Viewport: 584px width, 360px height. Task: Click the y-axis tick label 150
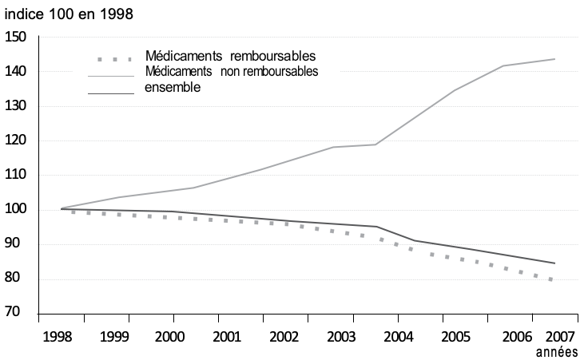16,37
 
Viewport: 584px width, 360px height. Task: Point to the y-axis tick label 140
16,71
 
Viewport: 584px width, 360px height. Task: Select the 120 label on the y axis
16,140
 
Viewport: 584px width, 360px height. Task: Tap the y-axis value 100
16,209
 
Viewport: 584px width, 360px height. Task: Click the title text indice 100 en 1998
70,14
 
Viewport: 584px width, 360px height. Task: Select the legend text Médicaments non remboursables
232,72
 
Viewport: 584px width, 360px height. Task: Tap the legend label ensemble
173,87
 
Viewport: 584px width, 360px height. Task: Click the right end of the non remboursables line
554,59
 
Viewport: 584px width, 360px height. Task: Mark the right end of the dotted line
553,280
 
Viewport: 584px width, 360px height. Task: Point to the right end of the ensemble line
554,263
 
